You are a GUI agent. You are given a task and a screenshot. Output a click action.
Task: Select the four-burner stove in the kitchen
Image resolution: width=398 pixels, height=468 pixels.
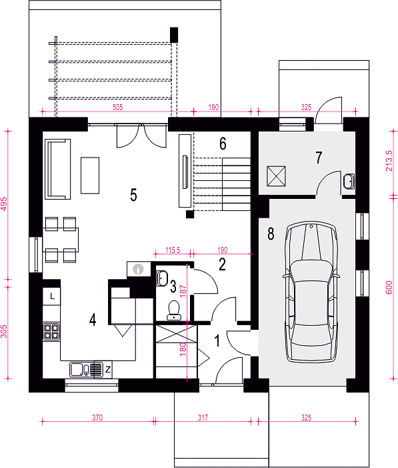pos(51,332)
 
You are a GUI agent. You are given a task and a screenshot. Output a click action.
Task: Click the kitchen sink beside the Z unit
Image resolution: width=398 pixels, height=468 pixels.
pos(86,370)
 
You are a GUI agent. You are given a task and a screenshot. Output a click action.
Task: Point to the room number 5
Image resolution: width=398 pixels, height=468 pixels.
pos(133,194)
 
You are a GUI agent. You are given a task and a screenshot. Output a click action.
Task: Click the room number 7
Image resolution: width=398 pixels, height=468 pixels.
pos(319,158)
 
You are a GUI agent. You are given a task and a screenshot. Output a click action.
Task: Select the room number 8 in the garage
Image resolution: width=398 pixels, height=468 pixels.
pos(271,234)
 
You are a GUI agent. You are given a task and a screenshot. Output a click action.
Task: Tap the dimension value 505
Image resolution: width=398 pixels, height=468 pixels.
pos(118,107)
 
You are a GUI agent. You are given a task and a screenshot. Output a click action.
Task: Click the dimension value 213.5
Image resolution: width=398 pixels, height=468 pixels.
pos(389,161)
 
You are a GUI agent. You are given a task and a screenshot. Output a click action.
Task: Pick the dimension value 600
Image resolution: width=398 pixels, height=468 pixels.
pos(389,288)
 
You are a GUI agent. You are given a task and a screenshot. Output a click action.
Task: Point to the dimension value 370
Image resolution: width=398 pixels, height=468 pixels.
pos(97,417)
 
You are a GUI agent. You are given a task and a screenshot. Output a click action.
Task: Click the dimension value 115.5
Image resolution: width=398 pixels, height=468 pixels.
pos(173,250)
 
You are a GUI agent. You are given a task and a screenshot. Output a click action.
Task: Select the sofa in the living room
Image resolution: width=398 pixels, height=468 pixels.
pos(58,169)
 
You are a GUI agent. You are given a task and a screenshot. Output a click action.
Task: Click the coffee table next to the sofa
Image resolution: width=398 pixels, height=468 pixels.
pos(90,176)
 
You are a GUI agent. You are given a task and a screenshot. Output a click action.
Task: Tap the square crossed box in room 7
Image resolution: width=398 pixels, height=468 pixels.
pos(276,176)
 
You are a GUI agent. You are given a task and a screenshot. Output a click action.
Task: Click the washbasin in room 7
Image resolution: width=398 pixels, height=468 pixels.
pos(349,181)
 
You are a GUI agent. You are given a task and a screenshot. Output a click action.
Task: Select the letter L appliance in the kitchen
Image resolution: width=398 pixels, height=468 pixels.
pos(51,296)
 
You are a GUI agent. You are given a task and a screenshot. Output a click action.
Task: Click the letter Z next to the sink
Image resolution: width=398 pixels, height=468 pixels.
pos(107,370)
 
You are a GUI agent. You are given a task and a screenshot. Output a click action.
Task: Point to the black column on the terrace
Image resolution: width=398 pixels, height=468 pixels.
pos(174,35)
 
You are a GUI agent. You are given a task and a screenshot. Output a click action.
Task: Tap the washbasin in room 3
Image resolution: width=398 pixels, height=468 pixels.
pos(162,278)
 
